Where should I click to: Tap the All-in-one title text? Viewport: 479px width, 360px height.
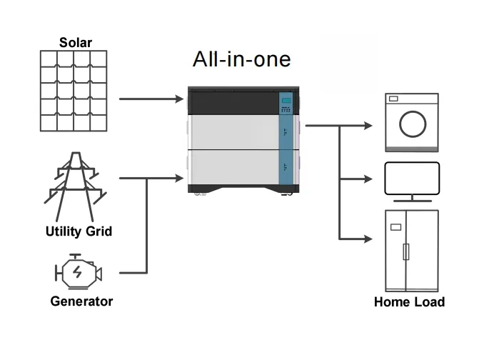coord(242,59)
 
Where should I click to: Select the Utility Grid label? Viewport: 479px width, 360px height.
coord(79,231)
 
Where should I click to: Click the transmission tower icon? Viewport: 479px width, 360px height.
coord(74,186)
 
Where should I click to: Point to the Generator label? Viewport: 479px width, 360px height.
coord(81,301)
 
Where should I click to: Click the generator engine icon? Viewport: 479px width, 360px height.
coord(78,272)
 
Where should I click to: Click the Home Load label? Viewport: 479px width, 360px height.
coord(409,302)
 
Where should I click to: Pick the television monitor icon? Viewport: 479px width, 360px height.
coord(411,179)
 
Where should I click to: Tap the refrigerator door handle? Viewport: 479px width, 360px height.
coord(406,251)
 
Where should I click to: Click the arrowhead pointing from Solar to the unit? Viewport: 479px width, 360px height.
coord(179,99)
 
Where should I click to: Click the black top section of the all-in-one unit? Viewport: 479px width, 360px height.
coord(232,104)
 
